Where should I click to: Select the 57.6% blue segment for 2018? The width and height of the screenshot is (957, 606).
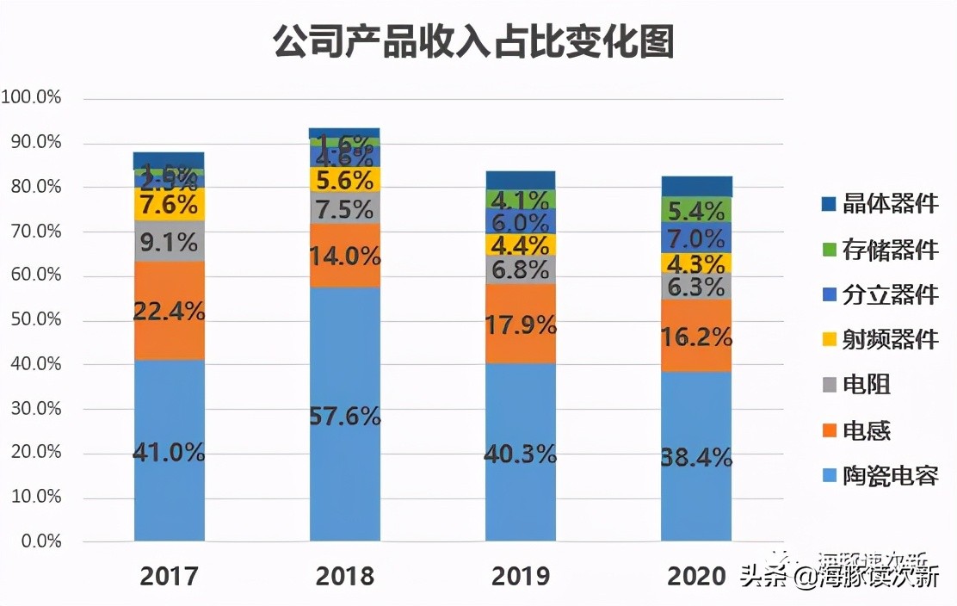(345, 413)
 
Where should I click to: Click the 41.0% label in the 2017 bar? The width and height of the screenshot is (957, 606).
(169, 452)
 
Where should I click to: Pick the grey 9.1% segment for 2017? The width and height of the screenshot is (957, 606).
(169, 241)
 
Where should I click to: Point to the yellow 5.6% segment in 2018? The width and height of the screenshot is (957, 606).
(345, 179)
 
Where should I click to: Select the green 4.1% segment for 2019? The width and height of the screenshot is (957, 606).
(521, 200)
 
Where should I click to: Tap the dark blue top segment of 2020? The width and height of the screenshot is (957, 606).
(696, 186)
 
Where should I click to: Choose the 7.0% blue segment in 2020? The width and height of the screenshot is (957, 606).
(696, 238)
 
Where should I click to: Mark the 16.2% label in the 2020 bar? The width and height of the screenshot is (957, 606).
(696, 337)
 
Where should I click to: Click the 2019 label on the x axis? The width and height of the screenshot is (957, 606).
(521, 575)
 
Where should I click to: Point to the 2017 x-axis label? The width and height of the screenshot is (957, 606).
(169, 575)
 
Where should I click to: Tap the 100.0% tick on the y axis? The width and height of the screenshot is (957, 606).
(32, 98)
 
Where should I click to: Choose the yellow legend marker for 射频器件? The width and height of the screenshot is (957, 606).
(830, 340)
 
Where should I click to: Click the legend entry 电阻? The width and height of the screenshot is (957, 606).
(866, 385)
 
